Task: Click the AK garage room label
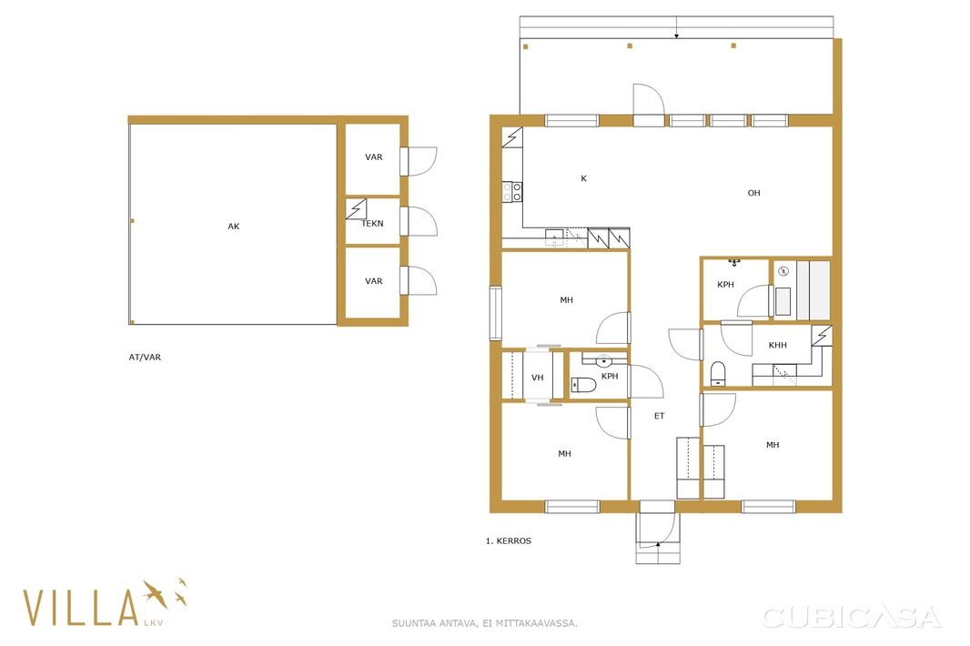233,227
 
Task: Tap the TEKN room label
372,224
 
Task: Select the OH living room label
753,193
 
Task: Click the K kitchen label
583,178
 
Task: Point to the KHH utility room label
778,345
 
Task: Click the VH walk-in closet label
537,378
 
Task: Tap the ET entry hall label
660,416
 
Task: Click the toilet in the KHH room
718,373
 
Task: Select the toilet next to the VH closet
583,385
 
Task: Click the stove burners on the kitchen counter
512,192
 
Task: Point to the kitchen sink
554,237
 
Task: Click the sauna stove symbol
783,270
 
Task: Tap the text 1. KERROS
509,540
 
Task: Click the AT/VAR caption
145,357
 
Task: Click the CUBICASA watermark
851,617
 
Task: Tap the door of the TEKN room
419,221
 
